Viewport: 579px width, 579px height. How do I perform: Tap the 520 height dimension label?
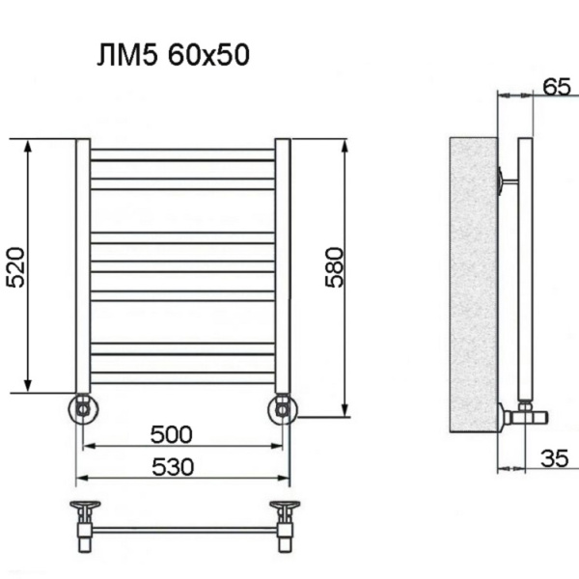click(16, 265)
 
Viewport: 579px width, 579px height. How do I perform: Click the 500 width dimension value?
click(171, 433)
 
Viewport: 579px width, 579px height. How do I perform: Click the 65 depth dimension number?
click(556, 86)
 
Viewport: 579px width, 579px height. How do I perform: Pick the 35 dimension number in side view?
click(553, 458)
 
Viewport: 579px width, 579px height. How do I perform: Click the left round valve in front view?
click(83, 408)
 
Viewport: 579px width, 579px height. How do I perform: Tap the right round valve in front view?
click(283, 409)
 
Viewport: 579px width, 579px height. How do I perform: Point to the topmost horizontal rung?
click(182, 154)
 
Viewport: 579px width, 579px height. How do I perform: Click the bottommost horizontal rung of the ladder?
click(182, 376)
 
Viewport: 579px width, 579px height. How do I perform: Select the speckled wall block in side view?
click(473, 285)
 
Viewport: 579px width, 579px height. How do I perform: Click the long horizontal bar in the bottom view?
click(182, 530)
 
